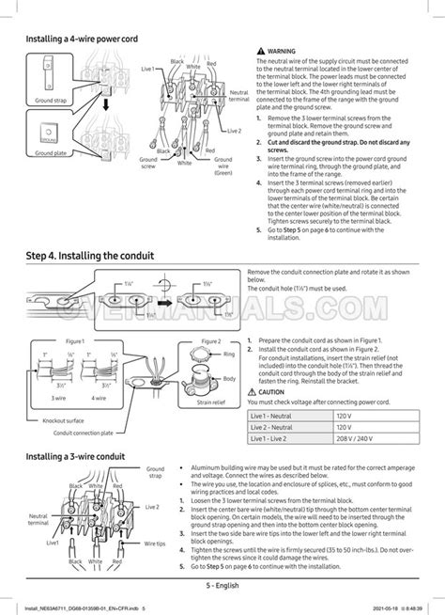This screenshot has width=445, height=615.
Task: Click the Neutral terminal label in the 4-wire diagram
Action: (x=239, y=96)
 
